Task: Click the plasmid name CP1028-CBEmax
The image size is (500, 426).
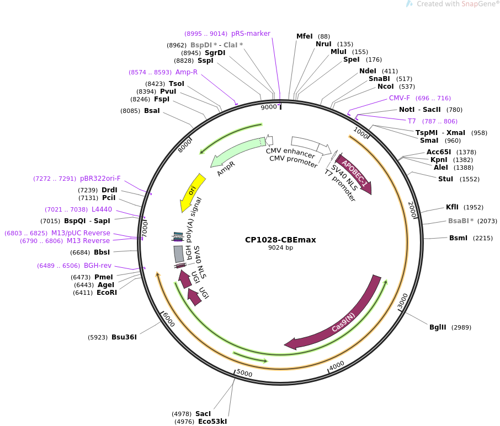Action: click(280, 240)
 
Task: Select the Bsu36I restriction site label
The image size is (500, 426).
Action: click(124, 337)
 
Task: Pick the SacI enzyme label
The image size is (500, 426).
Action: click(203, 413)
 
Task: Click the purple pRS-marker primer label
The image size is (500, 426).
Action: click(251, 34)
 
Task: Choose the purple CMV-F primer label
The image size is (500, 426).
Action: click(400, 98)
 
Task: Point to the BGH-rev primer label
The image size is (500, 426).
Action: click(98, 266)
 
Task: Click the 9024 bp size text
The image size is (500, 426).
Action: click(280, 248)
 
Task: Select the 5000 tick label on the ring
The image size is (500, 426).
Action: click(244, 373)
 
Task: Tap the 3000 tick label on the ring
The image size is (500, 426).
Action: click(403, 301)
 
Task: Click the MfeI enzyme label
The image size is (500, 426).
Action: click(304, 36)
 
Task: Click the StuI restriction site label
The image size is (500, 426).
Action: click(445, 179)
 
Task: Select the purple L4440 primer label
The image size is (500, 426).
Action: click(102, 209)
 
